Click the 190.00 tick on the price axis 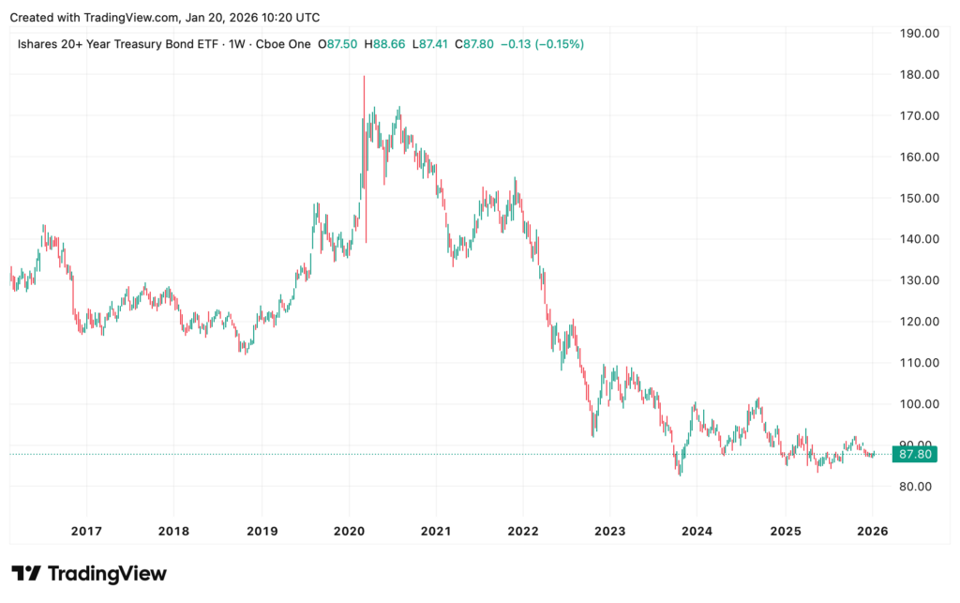[918, 33]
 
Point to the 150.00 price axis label [918, 198]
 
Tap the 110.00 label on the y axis [918, 363]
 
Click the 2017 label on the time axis [86, 530]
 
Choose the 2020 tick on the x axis [349, 530]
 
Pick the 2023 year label [610, 530]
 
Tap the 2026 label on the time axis [872, 530]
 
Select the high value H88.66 [384, 44]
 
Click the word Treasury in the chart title [140, 44]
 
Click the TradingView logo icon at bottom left [26, 573]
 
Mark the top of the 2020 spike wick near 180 [364, 76]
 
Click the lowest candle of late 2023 [680, 474]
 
